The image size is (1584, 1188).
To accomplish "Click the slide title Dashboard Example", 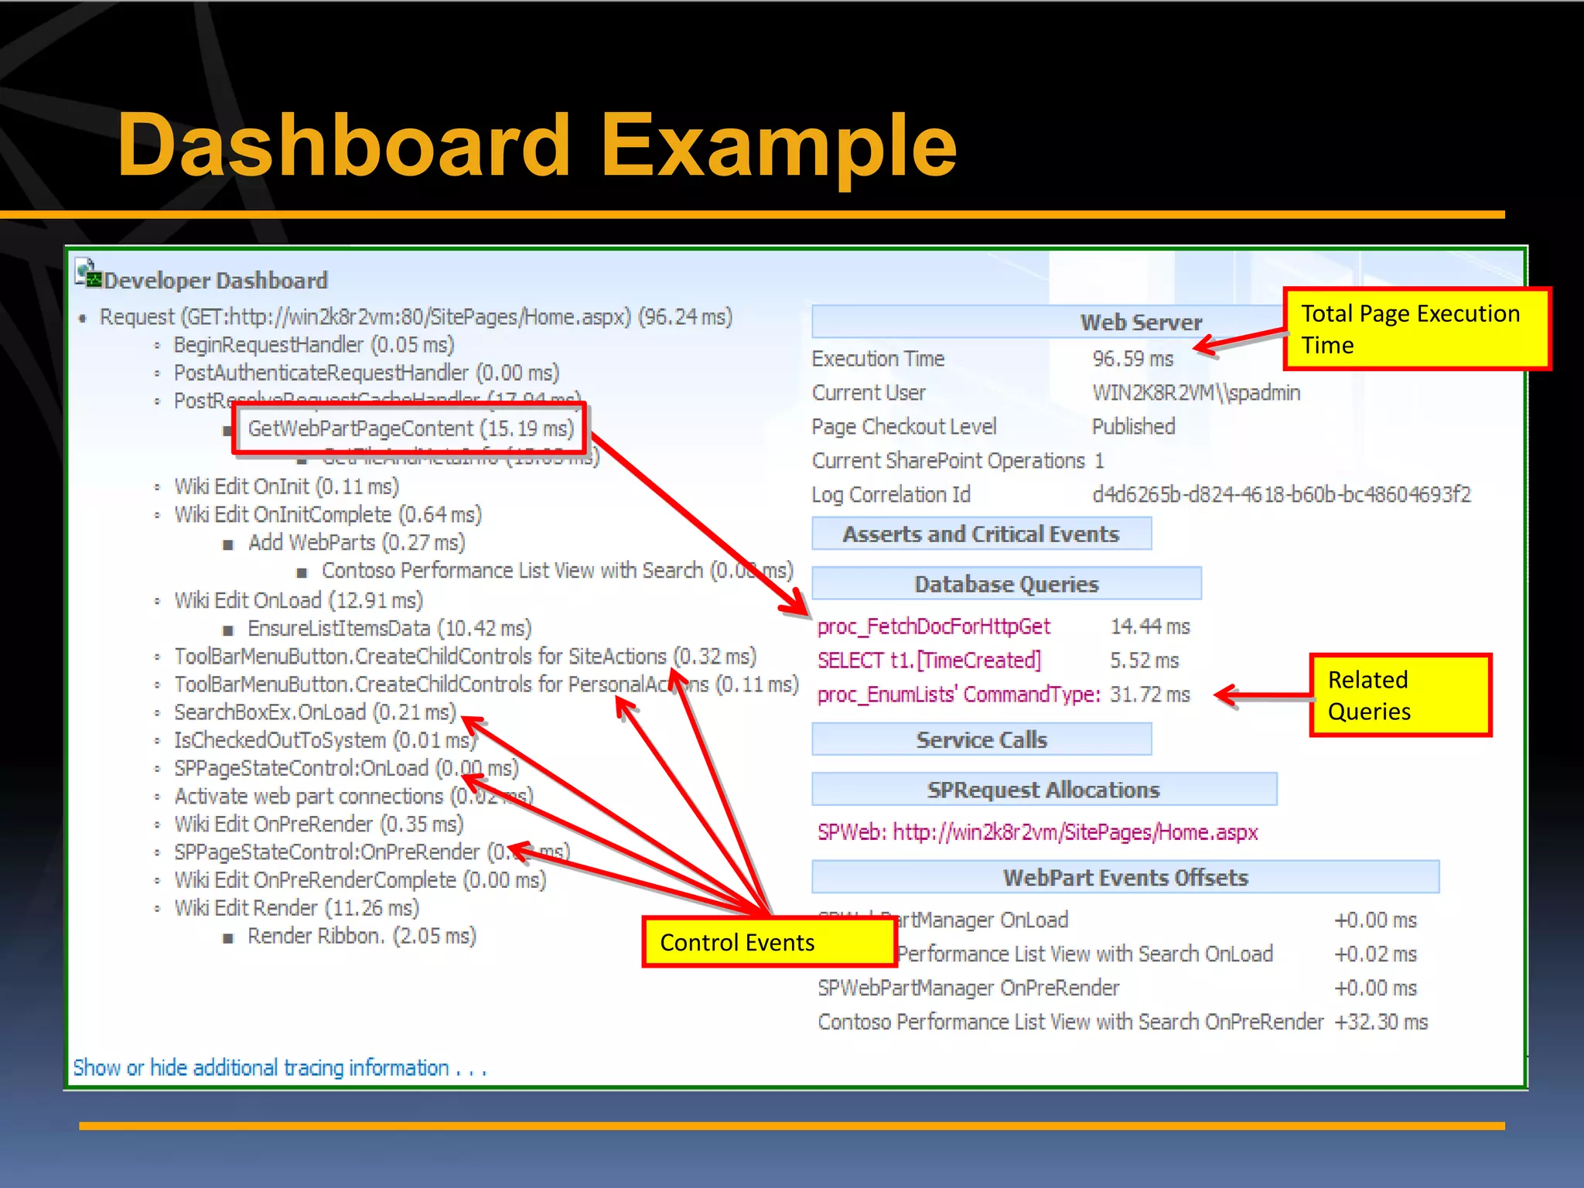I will pos(537,145).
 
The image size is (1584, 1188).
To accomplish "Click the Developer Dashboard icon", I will pos(88,274).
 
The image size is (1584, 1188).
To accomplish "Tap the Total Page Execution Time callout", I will pos(1416,329).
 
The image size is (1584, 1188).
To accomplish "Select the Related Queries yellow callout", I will pos(1399,695).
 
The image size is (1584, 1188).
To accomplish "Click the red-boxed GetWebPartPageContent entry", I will pos(410,428).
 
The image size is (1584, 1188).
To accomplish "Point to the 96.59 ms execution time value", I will pos(1132,359).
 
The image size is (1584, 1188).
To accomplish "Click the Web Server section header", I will pos(1140,322).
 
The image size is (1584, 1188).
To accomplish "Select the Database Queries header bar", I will pos(1005,584).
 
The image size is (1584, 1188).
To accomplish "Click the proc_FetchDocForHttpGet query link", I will pos(934,626).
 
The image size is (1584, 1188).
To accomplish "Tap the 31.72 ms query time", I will pos(1149,695).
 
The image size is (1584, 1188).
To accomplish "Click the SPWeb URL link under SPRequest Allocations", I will pos(1037,832).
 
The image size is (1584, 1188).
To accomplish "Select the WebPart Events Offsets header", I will pos(1125,877).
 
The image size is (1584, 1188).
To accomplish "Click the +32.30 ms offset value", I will pos(1381,1022).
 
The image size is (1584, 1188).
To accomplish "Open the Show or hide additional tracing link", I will pos(278,1068).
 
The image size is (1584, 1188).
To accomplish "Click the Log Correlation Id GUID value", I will pos(1281,494).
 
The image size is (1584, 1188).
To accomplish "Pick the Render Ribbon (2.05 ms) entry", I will pos(361,936).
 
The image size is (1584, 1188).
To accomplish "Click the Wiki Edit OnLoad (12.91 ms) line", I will pos(299,600).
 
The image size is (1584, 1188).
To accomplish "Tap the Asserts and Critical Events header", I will pos(981,534).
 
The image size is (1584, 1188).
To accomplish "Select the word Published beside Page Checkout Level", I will pos(1133,427).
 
